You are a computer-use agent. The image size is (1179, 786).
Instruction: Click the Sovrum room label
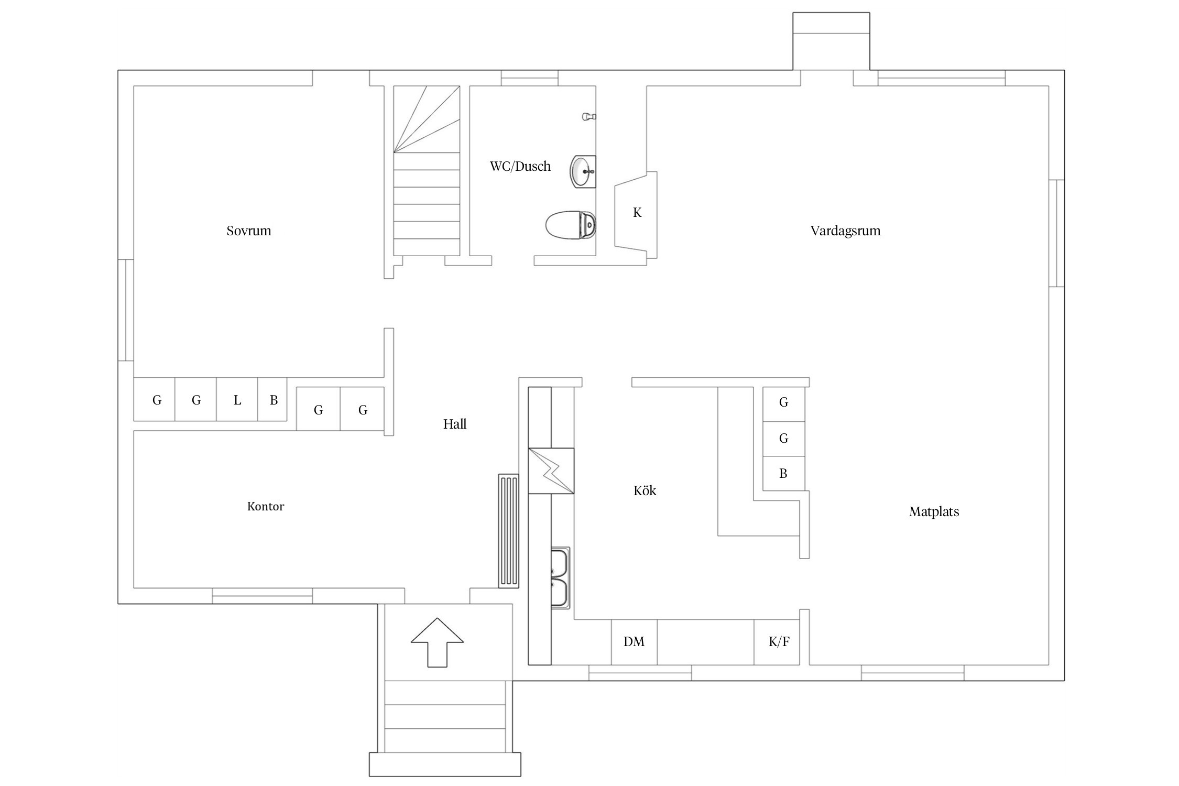(249, 231)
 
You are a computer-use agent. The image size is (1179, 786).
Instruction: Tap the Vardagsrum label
(845, 231)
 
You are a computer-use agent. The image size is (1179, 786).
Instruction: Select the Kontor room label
(266, 506)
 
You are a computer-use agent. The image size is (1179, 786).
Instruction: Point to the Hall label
(455, 424)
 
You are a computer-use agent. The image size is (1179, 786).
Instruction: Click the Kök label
(645, 490)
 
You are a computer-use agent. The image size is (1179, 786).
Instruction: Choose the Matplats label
(934, 512)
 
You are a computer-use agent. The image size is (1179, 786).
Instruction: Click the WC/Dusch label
(520, 167)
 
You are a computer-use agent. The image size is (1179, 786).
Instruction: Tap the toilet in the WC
(571, 225)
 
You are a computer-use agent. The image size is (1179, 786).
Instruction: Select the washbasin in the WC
(583, 171)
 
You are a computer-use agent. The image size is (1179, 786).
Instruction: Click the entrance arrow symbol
(438, 642)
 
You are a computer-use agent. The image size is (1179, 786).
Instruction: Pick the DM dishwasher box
(634, 642)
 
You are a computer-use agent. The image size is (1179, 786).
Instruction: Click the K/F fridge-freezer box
(777, 642)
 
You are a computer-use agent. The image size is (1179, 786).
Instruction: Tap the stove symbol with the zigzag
(551, 471)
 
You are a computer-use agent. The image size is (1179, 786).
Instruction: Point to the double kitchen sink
(560, 577)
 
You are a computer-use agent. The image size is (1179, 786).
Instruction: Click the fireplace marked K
(636, 215)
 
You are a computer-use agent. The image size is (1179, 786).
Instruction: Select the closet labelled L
(237, 399)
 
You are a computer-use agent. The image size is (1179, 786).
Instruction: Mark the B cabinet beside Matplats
(783, 474)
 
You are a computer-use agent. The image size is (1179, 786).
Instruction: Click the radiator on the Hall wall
(508, 531)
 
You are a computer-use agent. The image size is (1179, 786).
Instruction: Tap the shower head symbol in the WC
(589, 116)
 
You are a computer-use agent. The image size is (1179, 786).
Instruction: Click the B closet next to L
(272, 399)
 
